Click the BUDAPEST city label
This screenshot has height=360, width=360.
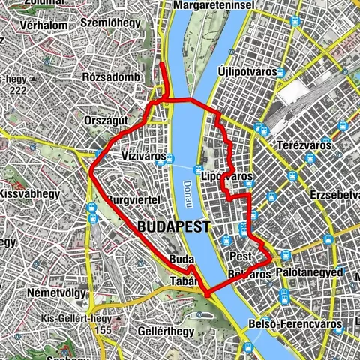173,226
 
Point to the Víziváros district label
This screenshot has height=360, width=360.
142,157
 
